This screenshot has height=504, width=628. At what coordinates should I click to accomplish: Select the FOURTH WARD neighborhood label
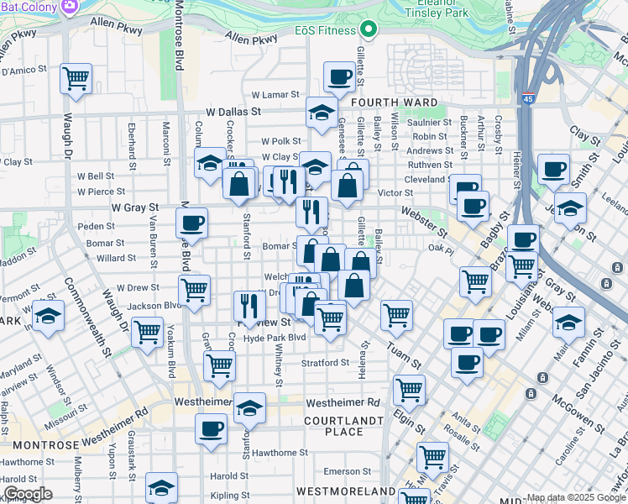pyautogui.click(x=394, y=102)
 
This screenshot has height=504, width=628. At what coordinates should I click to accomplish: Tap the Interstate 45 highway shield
pyautogui.click(x=527, y=99)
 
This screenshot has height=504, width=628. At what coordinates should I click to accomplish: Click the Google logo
pyautogui.click(x=27, y=493)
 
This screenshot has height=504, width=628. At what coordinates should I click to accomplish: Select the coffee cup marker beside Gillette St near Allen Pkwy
pyautogui.click(x=339, y=78)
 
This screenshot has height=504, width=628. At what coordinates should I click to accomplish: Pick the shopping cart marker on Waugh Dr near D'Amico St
pyautogui.click(x=76, y=79)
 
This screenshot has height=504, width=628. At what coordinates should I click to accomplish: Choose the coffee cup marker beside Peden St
pyautogui.click(x=192, y=223)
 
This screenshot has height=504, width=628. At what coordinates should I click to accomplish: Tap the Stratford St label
pyautogui.click(x=325, y=363)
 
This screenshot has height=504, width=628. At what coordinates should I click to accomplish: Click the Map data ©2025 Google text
pyautogui.click(x=576, y=497)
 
